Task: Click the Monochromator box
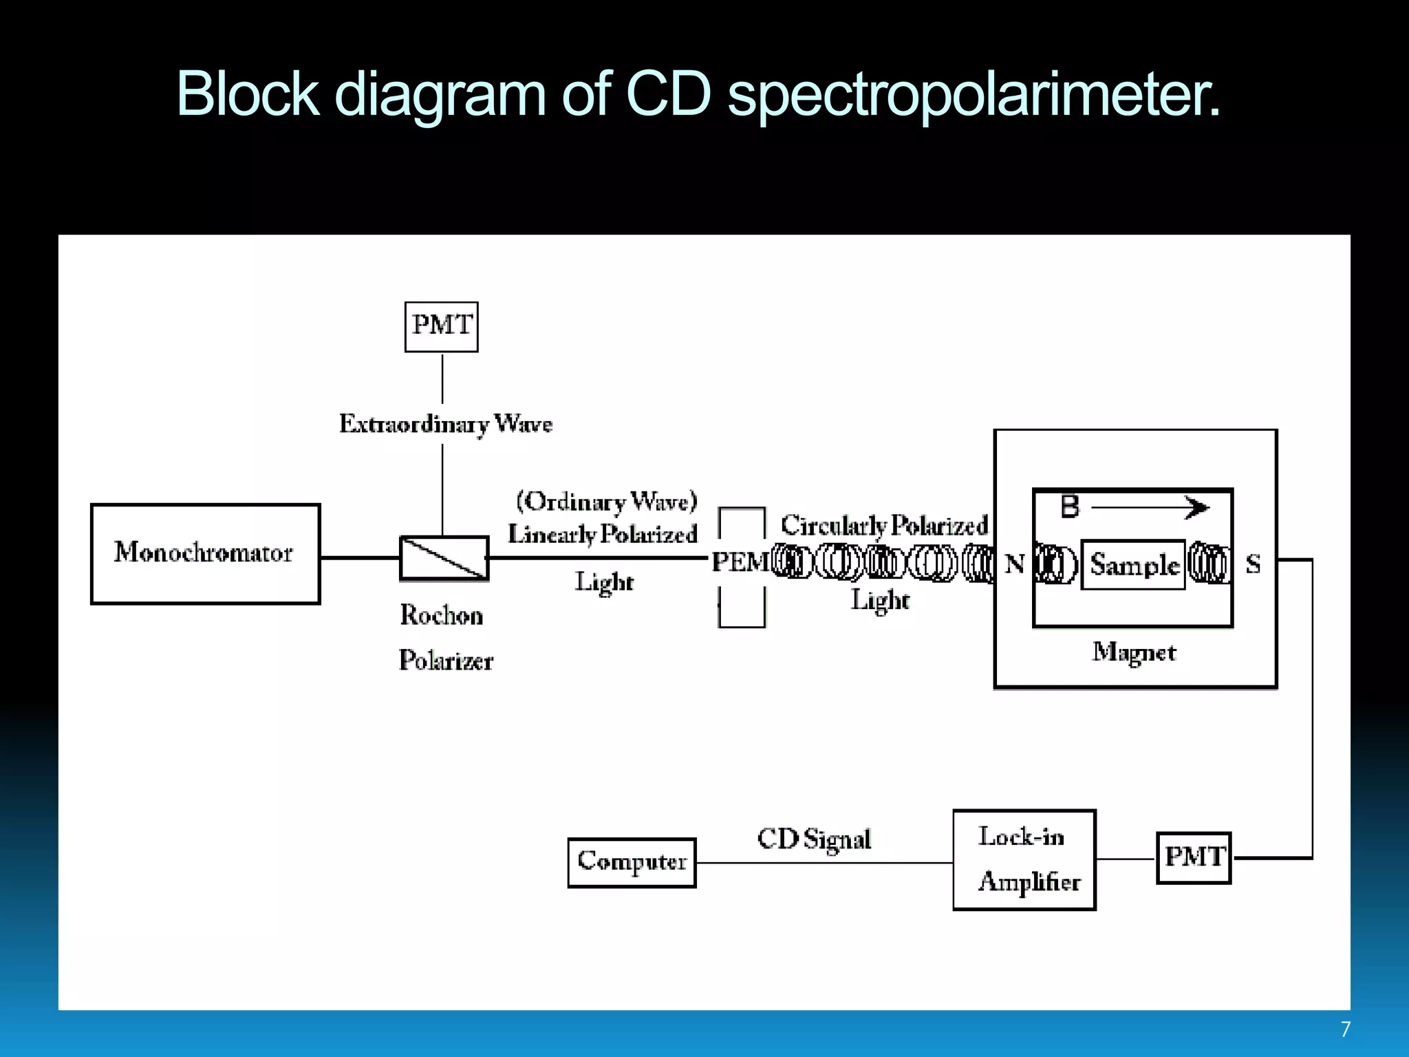pyautogui.click(x=205, y=554)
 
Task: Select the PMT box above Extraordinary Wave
pyautogui.click(x=441, y=327)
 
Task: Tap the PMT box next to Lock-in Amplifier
pyautogui.click(x=1194, y=857)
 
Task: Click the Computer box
pyautogui.click(x=632, y=862)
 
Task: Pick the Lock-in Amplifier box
pyautogui.click(x=1024, y=860)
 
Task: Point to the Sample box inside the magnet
pyautogui.click(x=1133, y=564)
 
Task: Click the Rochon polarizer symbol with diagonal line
pyautogui.click(x=444, y=558)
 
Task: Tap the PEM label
pyautogui.click(x=740, y=562)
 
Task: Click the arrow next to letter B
pyautogui.click(x=1150, y=508)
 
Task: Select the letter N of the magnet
pyautogui.click(x=1015, y=564)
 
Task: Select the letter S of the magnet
pyautogui.click(x=1253, y=564)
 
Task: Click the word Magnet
pyautogui.click(x=1134, y=652)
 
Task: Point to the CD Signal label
pyautogui.click(x=814, y=839)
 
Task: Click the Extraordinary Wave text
pyautogui.click(x=445, y=424)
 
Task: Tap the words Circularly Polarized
pyautogui.click(x=884, y=526)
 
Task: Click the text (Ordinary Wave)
pyautogui.click(x=607, y=501)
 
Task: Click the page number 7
pyautogui.click(x=1345, y=1029)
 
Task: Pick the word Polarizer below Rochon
pyautogui.click(x=446, y=661)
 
